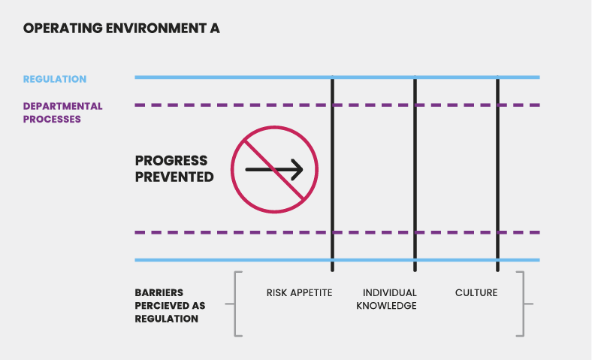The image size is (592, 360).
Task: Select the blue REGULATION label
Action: (55, 79)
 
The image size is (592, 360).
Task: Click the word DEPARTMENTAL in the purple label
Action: (62, 106)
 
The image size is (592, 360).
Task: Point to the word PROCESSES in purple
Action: (52, 119)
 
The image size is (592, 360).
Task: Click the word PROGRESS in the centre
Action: (171, 161)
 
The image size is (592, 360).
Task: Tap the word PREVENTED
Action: (174, 177)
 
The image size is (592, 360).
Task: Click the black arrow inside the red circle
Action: (274, 170)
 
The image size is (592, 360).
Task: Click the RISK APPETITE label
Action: (299, 292)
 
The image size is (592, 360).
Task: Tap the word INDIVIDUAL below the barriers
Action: (389, 292)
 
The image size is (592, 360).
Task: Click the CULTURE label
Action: (476, 292)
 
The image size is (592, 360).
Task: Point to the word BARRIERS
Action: (159, 292)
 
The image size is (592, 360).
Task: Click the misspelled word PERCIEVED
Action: (154, 306)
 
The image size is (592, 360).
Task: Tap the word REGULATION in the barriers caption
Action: (167, 319)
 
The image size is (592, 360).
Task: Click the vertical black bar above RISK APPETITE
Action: (332, 173)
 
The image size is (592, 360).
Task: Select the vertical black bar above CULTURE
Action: (497, 173)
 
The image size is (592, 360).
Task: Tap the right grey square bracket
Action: (523, 304)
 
